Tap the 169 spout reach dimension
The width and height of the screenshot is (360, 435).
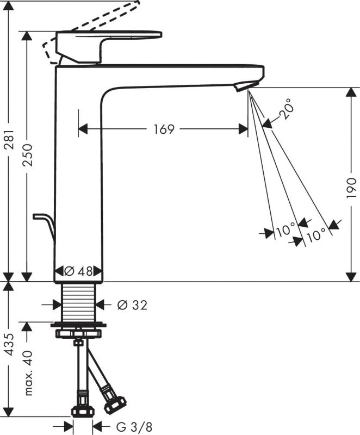pyautogui.click(x=164, y=129)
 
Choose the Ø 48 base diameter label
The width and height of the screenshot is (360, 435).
pyautogui.click(x=78, y=271)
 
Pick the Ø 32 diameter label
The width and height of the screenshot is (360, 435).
pyautogui.click(x=132, y=305)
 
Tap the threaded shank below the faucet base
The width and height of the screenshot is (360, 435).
pyautogui.click(x=78, y=302)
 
